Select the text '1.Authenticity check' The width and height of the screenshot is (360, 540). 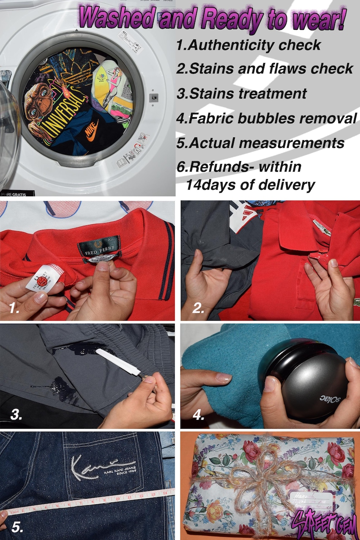pyautogui.click(x=248, y=45)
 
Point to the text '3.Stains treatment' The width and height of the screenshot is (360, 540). pyautogui.click(x=242, y=94)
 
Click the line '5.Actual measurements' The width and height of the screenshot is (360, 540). pyautogui.click(x=260, y=143)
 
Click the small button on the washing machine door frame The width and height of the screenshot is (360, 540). pyautogui.click(x=154, y=97)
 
